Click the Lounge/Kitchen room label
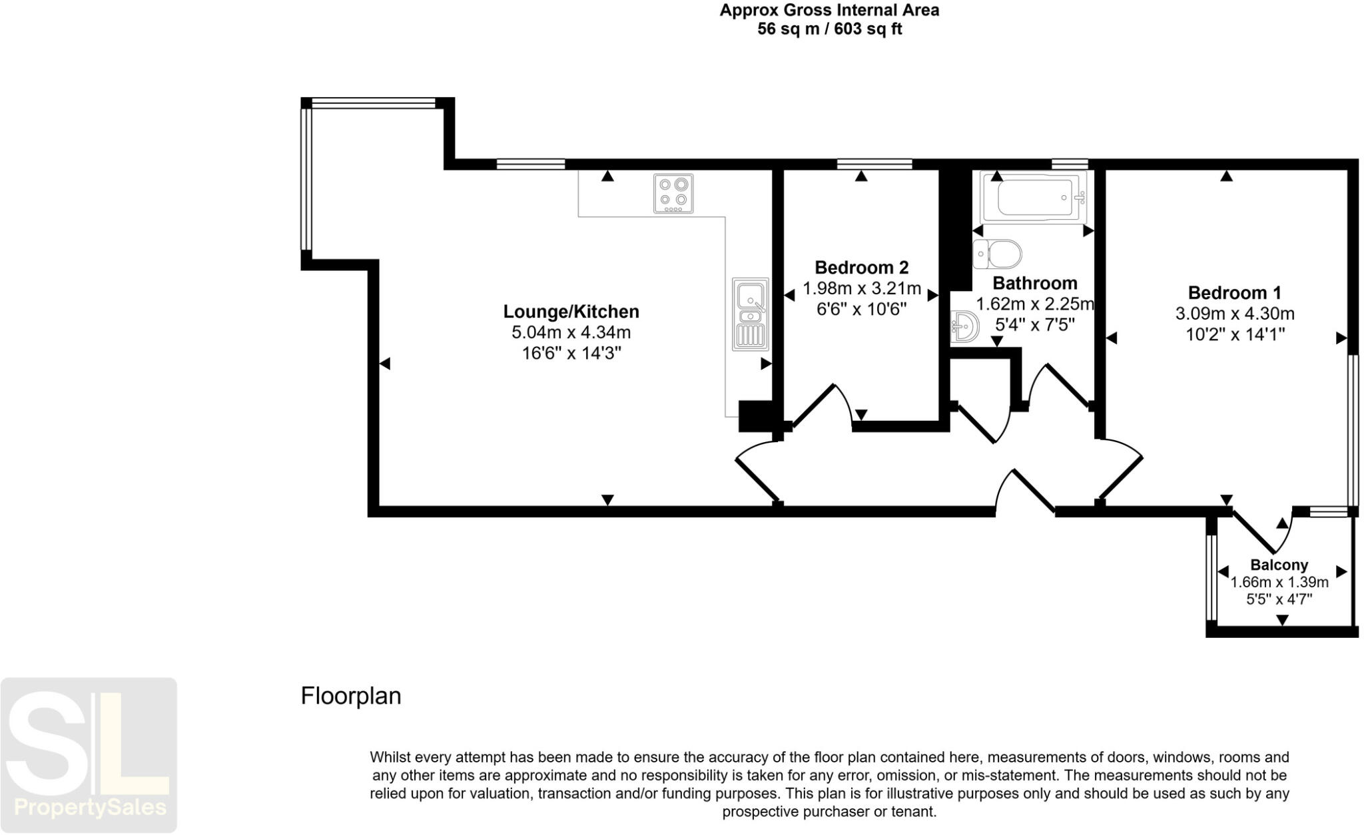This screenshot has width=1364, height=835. (x=571, y=312)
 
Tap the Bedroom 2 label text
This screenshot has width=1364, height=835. (x=861, y=268)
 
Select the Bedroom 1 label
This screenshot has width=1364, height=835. (x=1234, y=293)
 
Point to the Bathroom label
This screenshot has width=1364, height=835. (x=1034, y=284)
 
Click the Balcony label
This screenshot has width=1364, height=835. (x=1279, y=565)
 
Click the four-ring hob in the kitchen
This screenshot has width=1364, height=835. (x=673, y=194)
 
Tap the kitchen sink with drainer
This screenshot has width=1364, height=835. (x=751, y=314)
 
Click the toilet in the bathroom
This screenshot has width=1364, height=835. (x=997, y=254)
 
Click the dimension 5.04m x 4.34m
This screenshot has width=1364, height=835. (x=571, y=332)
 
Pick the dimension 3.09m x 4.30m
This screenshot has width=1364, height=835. (x=1234, y=314)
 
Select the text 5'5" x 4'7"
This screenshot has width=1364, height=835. (x=1279, y=599)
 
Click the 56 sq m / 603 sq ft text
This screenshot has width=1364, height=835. (x=829, y=29)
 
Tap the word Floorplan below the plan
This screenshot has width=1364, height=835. (x=351, y=696)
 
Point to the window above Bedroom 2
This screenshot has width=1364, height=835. (x=874, y=164)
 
